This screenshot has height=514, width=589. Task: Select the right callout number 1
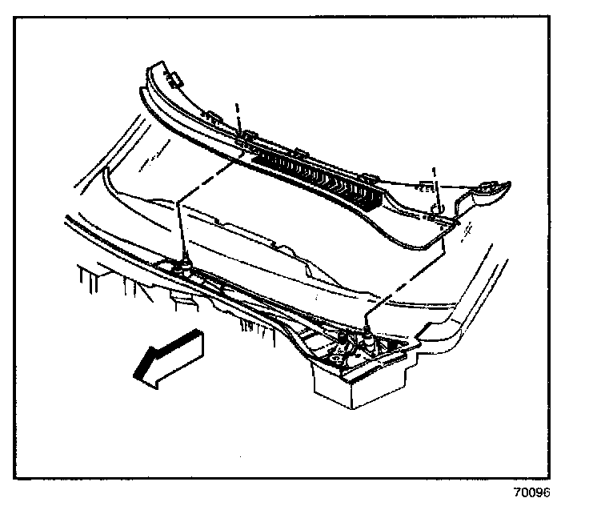click(434, 171)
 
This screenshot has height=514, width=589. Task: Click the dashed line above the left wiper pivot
click(181, 228)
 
